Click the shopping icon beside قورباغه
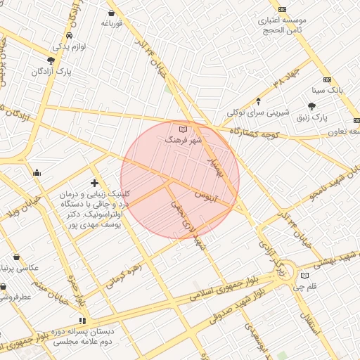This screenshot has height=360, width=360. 112,13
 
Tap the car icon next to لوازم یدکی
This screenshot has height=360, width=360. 68,35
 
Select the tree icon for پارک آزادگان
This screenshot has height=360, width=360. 51,60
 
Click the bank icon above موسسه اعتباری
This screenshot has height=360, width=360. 283,9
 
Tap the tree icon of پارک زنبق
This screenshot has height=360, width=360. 311,105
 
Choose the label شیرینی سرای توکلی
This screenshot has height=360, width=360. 254,112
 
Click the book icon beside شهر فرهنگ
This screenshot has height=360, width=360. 184,129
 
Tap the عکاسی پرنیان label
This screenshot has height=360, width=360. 25,268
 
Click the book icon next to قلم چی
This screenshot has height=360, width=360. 304,275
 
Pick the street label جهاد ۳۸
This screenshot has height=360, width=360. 289,82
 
